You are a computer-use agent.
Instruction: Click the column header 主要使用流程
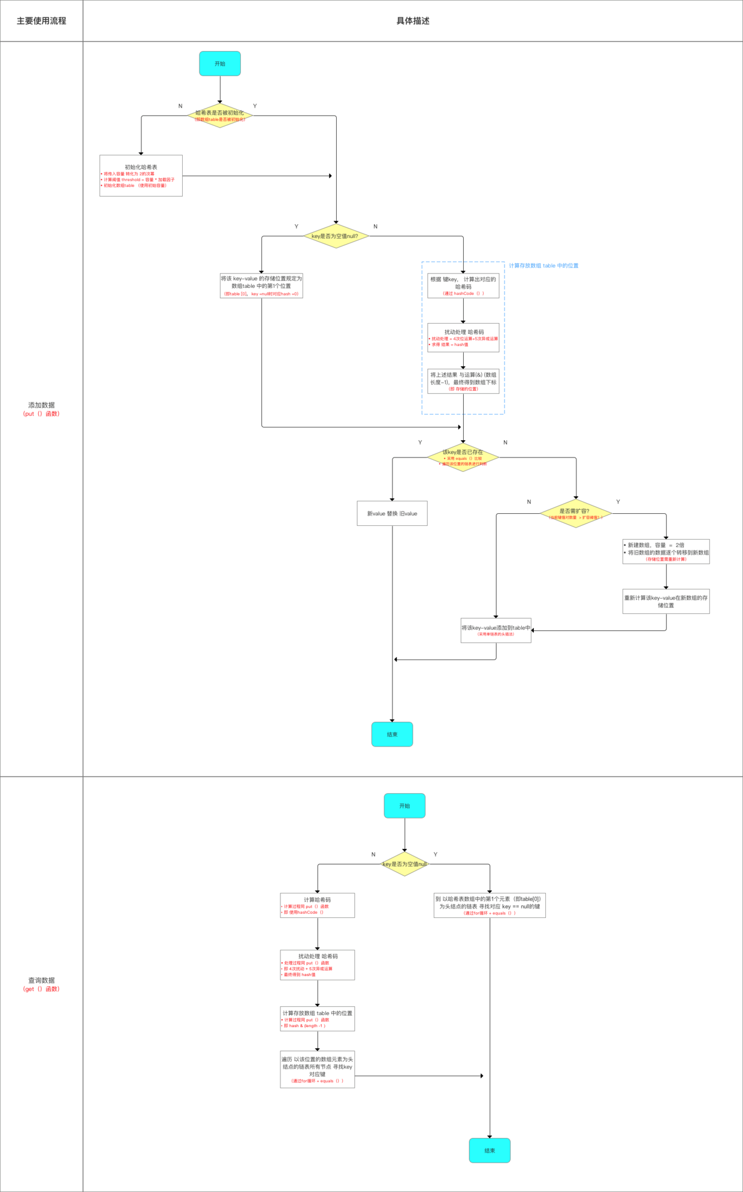click(x=41, y=21)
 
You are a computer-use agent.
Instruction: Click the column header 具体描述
click(x=413, y=21)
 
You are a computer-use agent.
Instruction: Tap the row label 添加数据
click(x=41, y=405)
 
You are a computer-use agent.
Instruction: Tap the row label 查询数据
click(x=41, y=980)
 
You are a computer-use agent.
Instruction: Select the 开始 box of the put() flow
click(x=220, y=64)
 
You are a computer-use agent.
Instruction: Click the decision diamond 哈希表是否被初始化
click(x=220, y=115)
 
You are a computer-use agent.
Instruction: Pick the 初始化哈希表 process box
click(x=141, y=176)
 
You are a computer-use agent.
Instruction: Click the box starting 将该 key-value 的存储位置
click(x=261, y=286)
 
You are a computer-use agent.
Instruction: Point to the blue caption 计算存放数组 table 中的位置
click(x=543, y=266)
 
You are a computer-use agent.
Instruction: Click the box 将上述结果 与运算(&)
click(x=463, y=381)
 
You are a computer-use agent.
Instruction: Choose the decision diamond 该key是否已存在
click(x=463, y=457)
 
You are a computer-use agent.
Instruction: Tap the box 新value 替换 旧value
click(x=392, y=513)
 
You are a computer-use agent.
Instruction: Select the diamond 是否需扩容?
click(x=575, y=513)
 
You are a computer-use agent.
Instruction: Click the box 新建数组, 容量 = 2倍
click(x=666, y=552)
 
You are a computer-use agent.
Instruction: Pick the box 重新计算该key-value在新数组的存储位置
click(x=666, y=601)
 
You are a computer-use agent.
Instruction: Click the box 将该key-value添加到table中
click(x=496, y=630)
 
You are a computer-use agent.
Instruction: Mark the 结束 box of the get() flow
click(x=490, y=1151)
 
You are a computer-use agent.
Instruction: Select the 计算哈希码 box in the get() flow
click(x=317, y=905)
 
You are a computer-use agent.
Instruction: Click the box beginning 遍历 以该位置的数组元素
click(x=317, y=1070)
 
